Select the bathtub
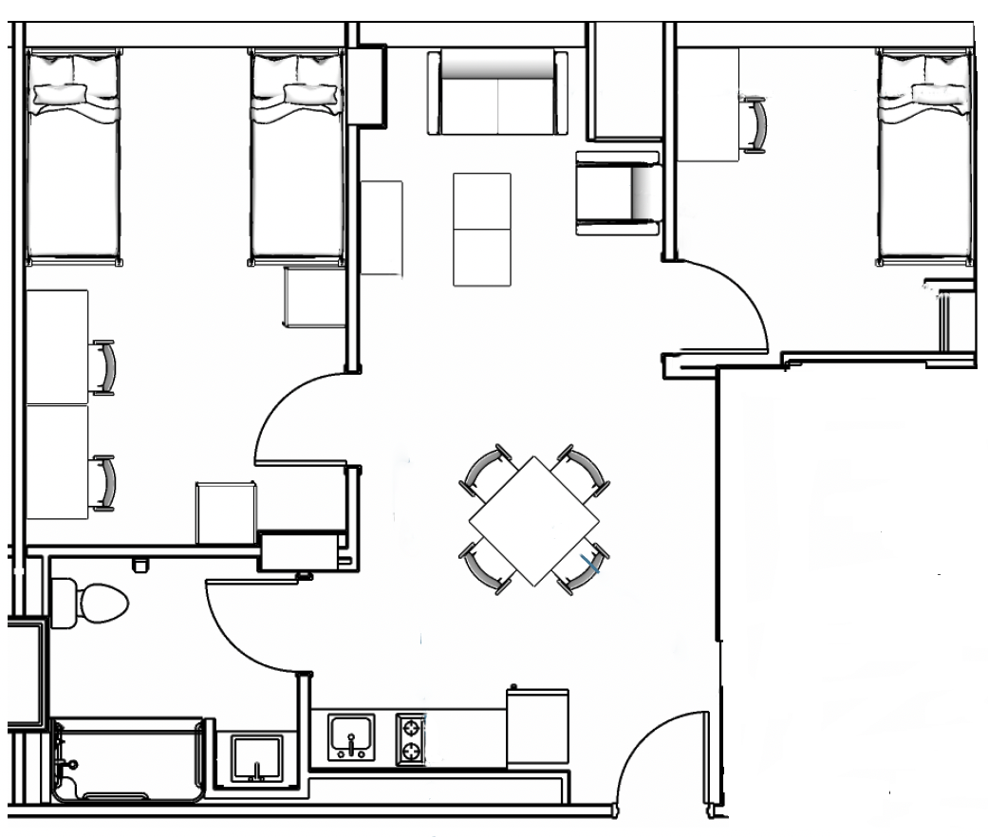click(x=128, y=760)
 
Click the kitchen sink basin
click(x=352, y=736)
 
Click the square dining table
click(x=533, y=520)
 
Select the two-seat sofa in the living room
click(x=497, y=95)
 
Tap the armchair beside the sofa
click(x=618, y=193)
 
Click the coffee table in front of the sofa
click(x=482, y=229)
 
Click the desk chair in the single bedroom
click(x=756, y=123)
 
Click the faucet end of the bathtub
click(x=66, y=760)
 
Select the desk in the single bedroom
click(x=708, y=104)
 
